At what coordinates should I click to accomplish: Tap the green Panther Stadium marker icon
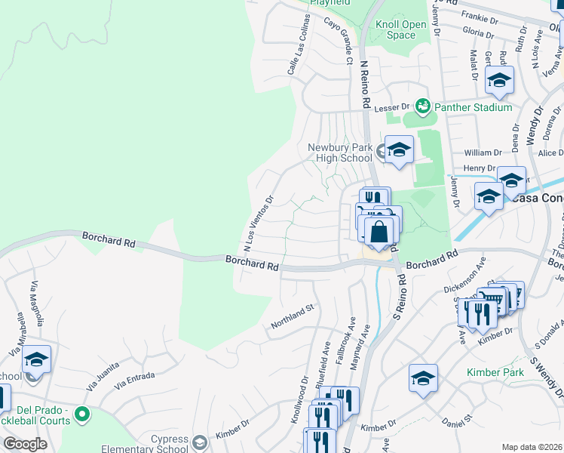(422, 107)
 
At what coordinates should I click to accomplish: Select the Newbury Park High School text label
(340, 153)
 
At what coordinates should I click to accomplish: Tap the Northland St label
(292, 317)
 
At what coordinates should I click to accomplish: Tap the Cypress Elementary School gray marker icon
(200, 441)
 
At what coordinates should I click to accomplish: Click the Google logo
(25, 444)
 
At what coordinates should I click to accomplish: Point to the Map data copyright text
(532, 447)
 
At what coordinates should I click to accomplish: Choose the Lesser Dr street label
(392, 107)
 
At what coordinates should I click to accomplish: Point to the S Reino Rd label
(400, 300)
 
